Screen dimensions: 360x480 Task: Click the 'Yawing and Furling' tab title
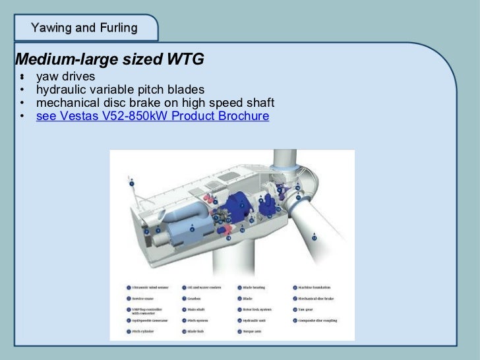click(x=84, y=28)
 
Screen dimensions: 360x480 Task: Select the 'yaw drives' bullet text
click(x=65, y=77)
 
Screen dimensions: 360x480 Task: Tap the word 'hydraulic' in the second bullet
click(x=60, y=90)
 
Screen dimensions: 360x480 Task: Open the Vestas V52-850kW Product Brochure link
click(x=152, y=116)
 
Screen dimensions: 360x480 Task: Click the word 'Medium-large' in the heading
click(x=60, y=60)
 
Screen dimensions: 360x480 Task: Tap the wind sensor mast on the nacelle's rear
click(x=133, y=188)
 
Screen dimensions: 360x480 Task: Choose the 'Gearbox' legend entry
click(x=195, y=299)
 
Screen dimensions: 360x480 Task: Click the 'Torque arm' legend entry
click(x=249, y=331)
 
